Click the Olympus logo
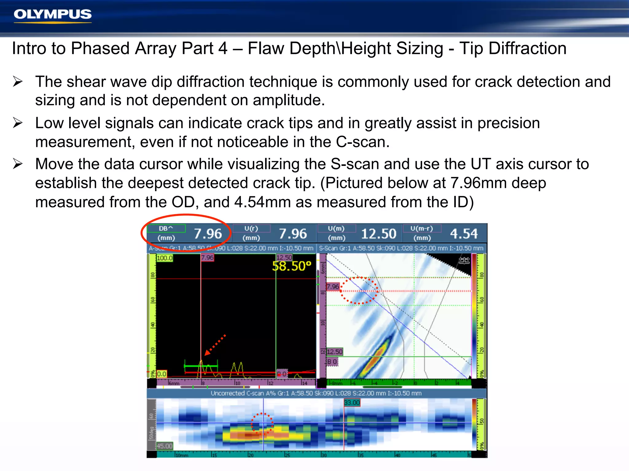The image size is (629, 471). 53,15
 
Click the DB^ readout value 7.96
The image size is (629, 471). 208,234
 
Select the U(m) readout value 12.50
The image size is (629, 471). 378,234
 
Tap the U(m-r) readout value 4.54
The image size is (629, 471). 464,234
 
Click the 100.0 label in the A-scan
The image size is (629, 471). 165,258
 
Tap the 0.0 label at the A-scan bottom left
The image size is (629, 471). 162,374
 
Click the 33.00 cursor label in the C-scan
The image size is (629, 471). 352,402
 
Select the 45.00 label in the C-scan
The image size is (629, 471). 165,446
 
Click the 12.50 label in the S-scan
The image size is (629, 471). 334,352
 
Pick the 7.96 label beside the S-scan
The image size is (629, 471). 333,287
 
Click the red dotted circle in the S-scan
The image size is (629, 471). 359,290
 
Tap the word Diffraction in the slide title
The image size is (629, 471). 527,49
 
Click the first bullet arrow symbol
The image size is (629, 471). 18,82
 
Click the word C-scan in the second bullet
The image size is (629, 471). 362,142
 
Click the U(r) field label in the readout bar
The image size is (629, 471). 251,228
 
